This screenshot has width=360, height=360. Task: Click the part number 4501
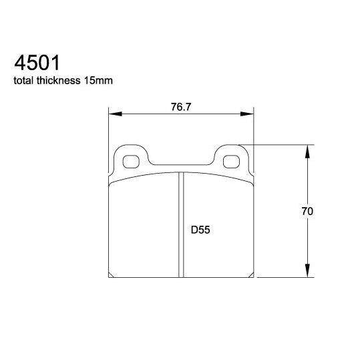pos(37,63)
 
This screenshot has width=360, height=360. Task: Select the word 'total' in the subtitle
pos(24,81)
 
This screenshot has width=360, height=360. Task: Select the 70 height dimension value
pos(307,211)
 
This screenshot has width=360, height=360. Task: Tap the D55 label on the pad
pos(200,230)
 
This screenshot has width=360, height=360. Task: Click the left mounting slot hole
pos(132,161)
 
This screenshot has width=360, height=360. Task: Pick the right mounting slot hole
pos(232,161)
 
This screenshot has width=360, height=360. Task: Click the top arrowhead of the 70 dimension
pos(307,149)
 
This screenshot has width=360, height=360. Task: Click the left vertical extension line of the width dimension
pos(108,134)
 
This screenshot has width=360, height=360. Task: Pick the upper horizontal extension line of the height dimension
pos(281,143)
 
